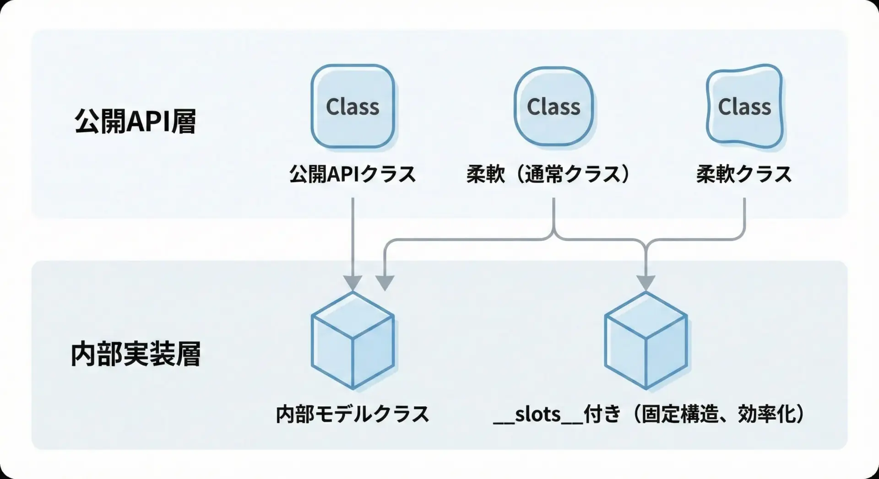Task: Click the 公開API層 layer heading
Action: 135,121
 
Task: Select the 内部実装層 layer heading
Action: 136,355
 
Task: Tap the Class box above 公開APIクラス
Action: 353,106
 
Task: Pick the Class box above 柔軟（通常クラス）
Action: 553,106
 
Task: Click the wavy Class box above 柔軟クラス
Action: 744,106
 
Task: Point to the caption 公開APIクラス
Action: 353,174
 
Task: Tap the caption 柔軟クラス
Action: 744,174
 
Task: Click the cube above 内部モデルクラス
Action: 353,341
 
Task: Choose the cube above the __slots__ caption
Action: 646,341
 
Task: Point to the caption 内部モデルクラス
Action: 353,414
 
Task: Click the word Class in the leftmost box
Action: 353,107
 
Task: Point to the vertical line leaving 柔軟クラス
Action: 744,215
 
